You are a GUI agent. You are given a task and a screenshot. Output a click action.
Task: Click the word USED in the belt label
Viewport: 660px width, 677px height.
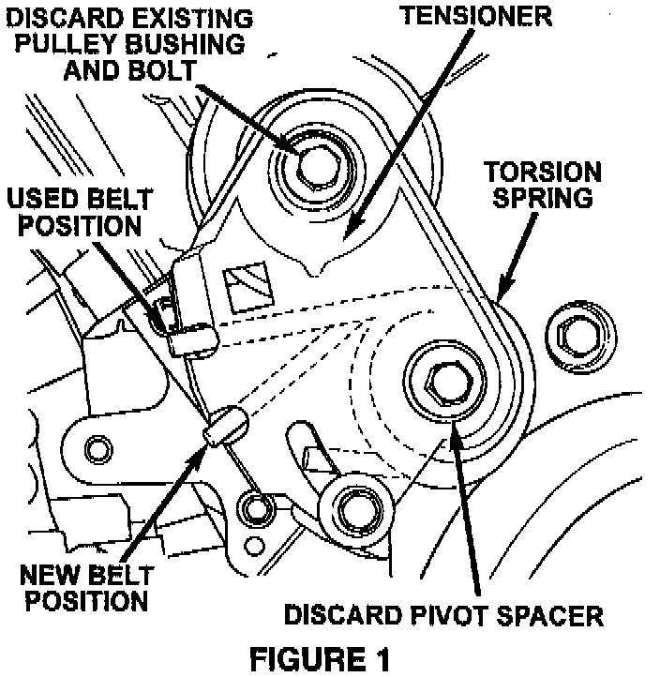click(x=42, y=200)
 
